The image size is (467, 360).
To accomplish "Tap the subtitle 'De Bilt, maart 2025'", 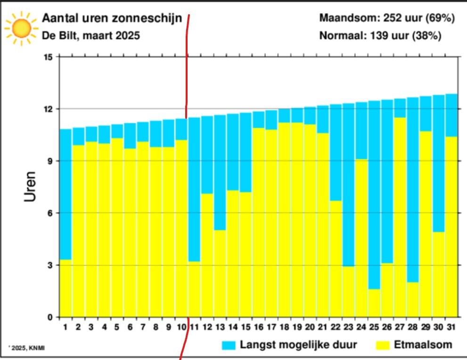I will [91, 35].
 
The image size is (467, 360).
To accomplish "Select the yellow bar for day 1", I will [66, 288].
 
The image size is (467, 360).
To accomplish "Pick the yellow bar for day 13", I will [220, 273].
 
